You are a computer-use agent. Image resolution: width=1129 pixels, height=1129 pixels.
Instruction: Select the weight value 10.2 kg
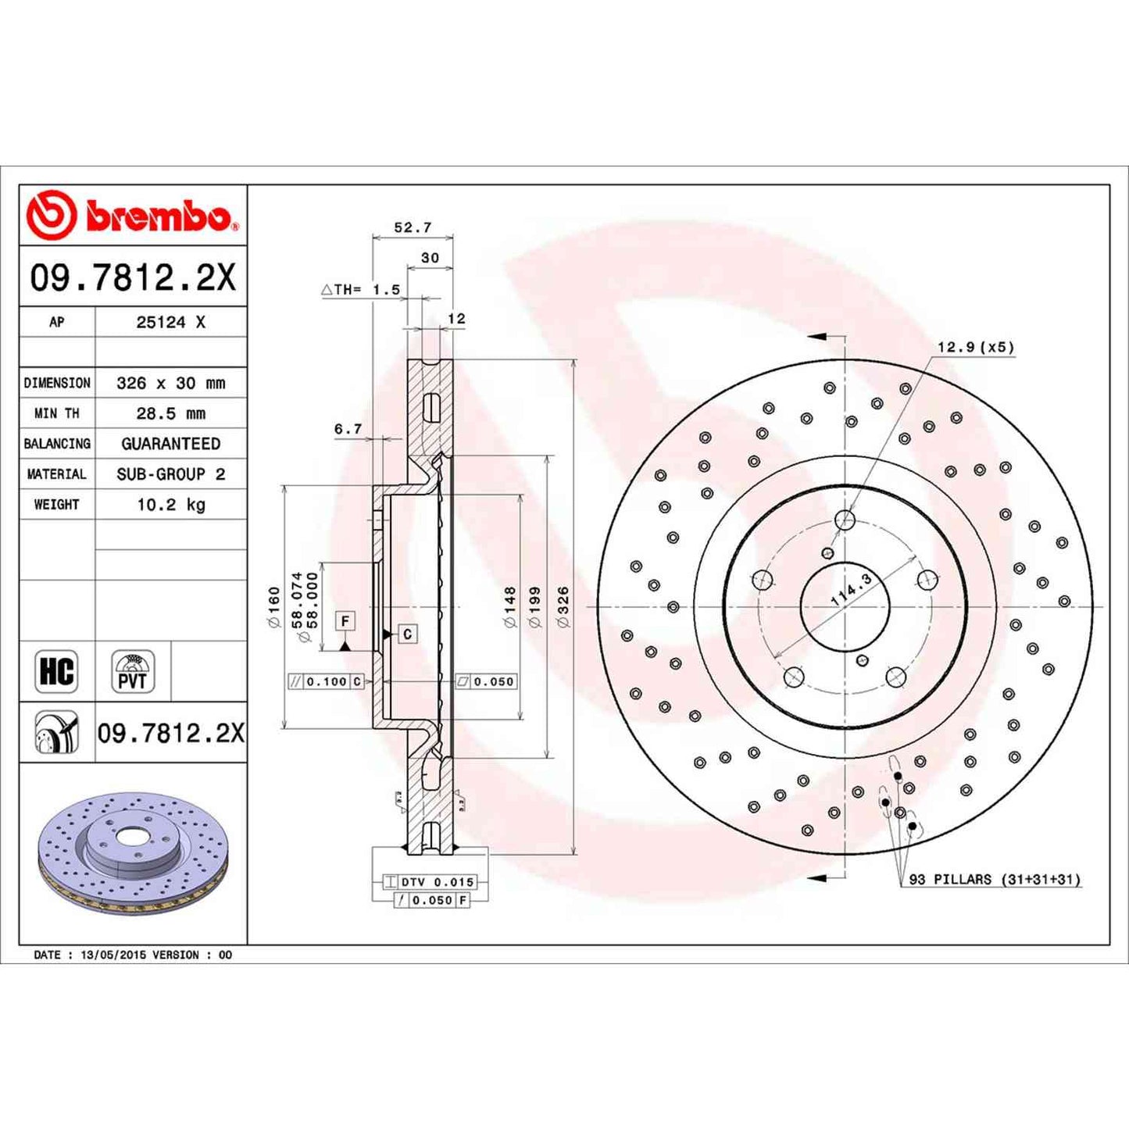(x=170, y=505)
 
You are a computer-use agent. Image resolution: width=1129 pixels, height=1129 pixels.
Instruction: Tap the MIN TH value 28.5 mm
(x=170, y=413)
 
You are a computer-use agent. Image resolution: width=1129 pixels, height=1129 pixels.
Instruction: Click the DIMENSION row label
(x=57, y=383)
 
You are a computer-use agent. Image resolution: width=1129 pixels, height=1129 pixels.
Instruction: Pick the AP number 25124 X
(x=170, y=322)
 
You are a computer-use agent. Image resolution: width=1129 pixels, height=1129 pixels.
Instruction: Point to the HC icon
(x=56, y=671)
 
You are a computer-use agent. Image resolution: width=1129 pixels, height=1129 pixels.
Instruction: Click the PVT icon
(x=132, y=671)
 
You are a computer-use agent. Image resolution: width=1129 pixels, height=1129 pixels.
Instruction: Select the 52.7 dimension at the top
(x=412, y=227)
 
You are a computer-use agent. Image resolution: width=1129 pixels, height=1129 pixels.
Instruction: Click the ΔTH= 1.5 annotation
(x=361, y=290)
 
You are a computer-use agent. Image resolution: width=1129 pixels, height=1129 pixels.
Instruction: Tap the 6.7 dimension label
(x=348, y=429)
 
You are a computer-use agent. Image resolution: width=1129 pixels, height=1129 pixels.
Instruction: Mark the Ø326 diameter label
(x=563, y=606)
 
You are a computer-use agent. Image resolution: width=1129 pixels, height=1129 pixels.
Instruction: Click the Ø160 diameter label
(x=273, y=607)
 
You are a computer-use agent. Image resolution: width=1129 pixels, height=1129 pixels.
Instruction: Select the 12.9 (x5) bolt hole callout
(x=975, y=347)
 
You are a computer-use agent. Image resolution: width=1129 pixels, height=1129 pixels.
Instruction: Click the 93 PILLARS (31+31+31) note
(x=994, y=880)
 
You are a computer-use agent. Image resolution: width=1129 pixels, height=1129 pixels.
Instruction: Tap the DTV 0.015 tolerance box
(x=437, y=882)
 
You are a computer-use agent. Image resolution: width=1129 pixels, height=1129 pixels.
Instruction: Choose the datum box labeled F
(x=345, y=621)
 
